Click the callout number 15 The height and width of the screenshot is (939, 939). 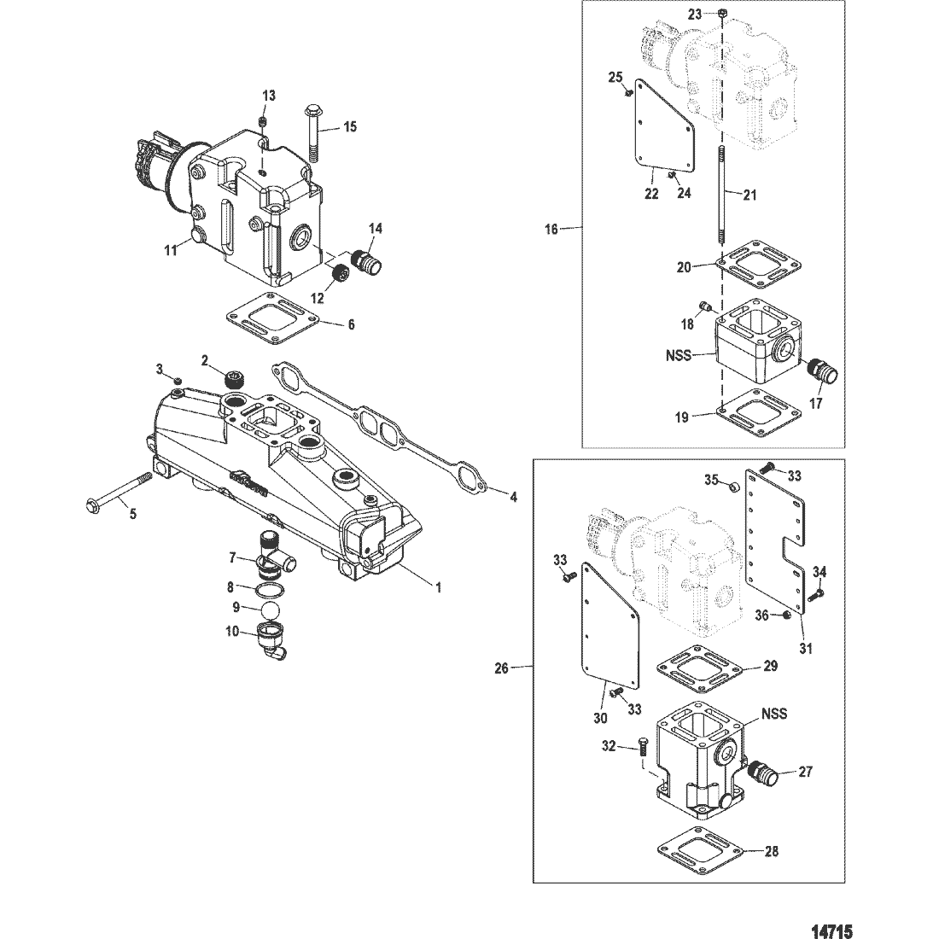(x=350, y=127)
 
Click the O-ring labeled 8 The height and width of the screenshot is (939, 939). (x=264, y=589)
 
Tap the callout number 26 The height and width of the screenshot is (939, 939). (x=500, y=668)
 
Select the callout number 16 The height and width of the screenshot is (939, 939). (x=551, y=229)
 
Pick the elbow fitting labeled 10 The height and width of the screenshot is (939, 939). (x=271, y=643)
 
